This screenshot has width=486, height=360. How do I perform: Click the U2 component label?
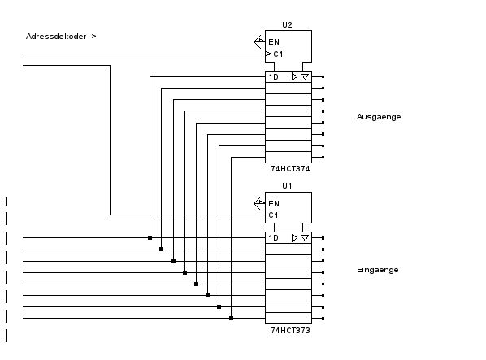pos(287,24)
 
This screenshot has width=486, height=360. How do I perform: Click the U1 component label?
pos(287,186)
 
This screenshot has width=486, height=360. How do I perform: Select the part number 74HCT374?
pos(290,169)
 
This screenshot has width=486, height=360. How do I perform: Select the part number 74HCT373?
pos(290,331)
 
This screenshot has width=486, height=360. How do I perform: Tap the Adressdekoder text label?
pos(61,37)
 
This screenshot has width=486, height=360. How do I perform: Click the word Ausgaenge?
pos(379,117)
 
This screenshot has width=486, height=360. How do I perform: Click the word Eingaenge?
pos(378,270)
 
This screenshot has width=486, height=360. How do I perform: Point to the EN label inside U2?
pos(274,41)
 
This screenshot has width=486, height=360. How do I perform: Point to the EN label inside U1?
pos(274,203)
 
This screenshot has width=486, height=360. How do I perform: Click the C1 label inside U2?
pos(278,54)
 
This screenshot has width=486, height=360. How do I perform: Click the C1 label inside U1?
pos(273,215)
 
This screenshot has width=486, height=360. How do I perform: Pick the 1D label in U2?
pos(273,77)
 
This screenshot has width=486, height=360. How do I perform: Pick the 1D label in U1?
pos(273,238)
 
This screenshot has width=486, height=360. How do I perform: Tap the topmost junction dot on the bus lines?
pos(150,237)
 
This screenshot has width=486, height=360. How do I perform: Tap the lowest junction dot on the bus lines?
pos(232,319)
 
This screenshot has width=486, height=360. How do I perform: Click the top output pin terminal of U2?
pos(323,77)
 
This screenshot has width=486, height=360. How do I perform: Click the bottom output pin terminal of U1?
pos(323,319)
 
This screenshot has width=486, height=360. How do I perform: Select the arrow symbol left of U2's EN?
pos(259,41)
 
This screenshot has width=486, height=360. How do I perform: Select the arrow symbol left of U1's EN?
pos(259,203)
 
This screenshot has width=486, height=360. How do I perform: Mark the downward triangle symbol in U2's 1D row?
pos(305,76)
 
